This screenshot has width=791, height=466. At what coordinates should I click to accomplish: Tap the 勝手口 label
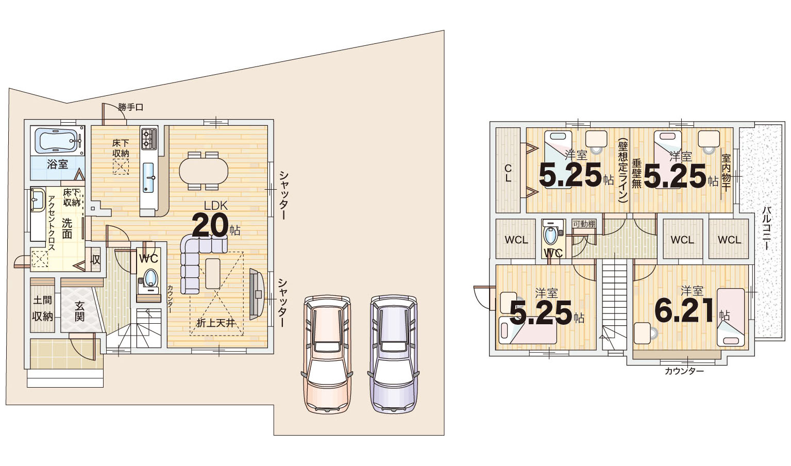(x=131, y=107)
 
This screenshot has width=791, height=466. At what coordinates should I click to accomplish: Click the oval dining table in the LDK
(x=204, y=171)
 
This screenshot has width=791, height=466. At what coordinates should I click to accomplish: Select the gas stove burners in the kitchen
(x=148, y=139)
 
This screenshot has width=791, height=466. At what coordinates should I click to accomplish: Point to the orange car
(x=327, y=354)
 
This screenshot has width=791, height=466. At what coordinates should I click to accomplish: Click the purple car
(x=393, y=354)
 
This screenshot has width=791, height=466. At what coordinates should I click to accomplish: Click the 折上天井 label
(x=216, y=323)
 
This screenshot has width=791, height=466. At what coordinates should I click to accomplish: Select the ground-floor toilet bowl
(x=150, y=277)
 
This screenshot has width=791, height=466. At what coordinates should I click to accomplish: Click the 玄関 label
(x=79, y=311)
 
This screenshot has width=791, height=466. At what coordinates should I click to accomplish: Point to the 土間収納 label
(x=43, y=308)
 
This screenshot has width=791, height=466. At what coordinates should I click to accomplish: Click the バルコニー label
(x=766, y=227)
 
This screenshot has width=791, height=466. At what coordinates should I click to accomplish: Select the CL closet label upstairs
(x=508, y=173)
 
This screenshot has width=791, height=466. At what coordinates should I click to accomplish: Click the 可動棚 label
(x=584, y=224)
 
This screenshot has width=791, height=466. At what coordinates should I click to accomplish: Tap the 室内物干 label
(x=726, y=172)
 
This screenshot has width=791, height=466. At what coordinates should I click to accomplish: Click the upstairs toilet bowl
(x=550, y=235)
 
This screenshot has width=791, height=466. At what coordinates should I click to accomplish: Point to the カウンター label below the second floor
(x=684, y=371)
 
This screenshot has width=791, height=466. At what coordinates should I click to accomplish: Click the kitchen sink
(x=148, y=178)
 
